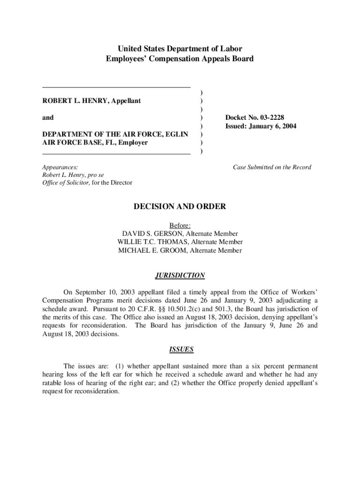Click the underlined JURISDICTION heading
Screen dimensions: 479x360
click(180, 276)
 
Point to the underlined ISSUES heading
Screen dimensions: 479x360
click(180, 349)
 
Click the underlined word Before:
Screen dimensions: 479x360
click(180, 225)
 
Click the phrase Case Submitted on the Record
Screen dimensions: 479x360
click(272, 167)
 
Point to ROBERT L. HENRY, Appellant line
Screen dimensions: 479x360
click(92, 101)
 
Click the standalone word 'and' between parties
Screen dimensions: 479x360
click(48, 118)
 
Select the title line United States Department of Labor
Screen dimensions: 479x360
click(180, 49)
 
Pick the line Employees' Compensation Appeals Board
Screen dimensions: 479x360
click(180, 58)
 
